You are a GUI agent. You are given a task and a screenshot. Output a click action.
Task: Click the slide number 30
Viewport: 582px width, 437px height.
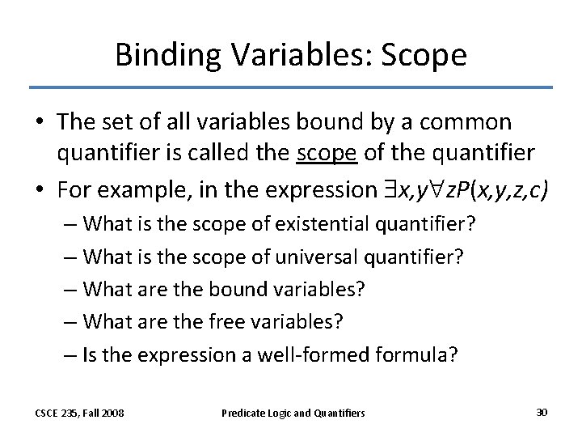click(x=542, y=412)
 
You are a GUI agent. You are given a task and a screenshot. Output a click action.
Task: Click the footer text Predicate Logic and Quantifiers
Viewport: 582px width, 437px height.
click(x=293, y=413)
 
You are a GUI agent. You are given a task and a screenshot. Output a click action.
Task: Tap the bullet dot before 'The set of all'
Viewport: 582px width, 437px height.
click(x=40, y=123)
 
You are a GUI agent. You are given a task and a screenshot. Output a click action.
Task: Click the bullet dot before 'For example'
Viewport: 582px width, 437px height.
click(x=40, y=190)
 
